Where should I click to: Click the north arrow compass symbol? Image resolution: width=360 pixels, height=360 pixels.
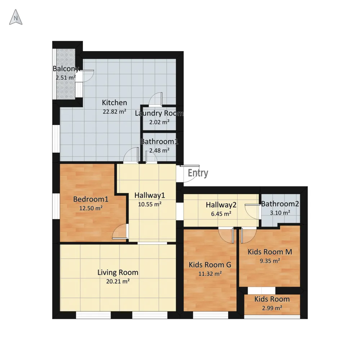point(15,17)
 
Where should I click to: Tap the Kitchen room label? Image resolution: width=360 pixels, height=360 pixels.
point(114,103)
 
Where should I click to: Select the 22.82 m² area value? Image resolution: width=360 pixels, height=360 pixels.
point(114,112)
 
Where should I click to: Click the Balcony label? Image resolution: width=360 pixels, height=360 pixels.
point(66,69)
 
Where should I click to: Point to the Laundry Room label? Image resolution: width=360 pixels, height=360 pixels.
point(159,113)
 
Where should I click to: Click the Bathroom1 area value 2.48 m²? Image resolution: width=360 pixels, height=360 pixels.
point(159,150)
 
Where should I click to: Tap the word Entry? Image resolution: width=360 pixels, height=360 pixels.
point(198,173)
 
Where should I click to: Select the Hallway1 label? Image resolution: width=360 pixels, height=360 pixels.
point(150,195)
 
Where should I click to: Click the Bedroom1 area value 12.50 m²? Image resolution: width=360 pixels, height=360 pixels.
point(91,208)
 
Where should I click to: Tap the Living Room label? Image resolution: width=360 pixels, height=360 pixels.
point(118,273)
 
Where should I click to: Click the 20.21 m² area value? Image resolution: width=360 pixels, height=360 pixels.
point(118,281)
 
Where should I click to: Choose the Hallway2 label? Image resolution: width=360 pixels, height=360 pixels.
point(221,205)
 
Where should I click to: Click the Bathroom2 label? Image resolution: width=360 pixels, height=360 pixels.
point(280,204)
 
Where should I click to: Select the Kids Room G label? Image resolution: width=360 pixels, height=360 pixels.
point(210,265)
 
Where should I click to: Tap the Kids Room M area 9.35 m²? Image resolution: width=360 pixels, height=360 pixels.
point(270,261)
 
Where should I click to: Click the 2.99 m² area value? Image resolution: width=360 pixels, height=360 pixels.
point(272,308)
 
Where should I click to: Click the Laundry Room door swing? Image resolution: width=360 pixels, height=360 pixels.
point(156,99)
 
